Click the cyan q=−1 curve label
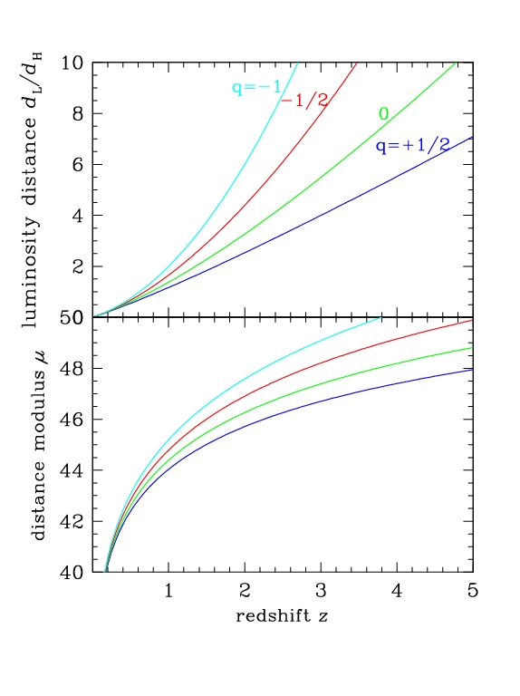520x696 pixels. point(256,87)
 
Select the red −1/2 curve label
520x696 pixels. point(304,101)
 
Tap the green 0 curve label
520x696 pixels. point(384,114)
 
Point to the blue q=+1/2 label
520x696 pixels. point(412,145)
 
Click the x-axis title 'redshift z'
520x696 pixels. point(282,615)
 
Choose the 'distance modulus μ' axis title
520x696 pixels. point(39,445)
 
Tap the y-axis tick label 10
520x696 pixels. point(72,63)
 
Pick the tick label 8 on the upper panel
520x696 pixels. point(78,114)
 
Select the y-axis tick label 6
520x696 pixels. point(78,165)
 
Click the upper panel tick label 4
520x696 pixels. point(78,216)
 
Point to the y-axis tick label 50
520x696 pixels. point(72,318)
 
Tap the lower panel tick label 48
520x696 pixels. point(72,369)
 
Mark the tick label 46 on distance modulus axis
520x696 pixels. point(72,420)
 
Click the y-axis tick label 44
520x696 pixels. point(72,470)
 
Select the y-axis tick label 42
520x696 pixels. point(72,522)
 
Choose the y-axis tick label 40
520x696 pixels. point(72,573)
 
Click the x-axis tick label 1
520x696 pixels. point(169,590)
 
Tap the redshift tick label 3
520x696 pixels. point(321,590)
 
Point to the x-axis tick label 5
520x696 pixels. point(473,590)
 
